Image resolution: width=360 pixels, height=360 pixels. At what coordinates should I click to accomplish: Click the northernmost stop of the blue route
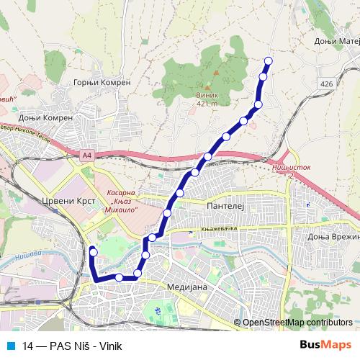[x=269, y=60]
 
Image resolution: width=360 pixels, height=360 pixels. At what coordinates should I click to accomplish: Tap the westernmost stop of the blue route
[x=92, y=251]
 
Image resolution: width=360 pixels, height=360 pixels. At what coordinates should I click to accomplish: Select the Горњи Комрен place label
[x=102, y=83]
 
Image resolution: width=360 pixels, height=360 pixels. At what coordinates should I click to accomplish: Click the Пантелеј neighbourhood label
[x=226, y=206]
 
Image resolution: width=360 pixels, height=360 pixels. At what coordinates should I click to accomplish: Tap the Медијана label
[x=186, y=287]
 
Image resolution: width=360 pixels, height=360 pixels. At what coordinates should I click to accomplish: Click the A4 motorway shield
[x=87, y=154]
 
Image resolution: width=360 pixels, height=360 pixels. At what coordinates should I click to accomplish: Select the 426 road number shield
[x=328, y=84]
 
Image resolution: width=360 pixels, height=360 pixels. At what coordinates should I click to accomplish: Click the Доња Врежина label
[x=333, y=237]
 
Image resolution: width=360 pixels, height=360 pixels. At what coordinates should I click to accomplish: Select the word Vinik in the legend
[x=106, y=346]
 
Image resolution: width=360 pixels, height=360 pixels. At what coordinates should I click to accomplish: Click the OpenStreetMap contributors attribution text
[x=297, y=323]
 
